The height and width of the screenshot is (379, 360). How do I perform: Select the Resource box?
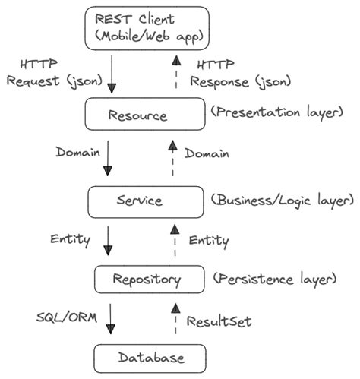click(x=144, y=115)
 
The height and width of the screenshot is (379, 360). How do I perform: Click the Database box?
click(x=150, y=356)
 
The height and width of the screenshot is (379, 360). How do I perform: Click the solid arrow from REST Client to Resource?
click(x=112, y=74)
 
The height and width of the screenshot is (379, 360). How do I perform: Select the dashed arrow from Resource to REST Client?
click(x=175, y=73)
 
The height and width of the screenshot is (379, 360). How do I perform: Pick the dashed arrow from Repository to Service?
click(x=174, y=241)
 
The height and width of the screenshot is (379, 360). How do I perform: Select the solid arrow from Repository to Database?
click(x=112, y=318)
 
